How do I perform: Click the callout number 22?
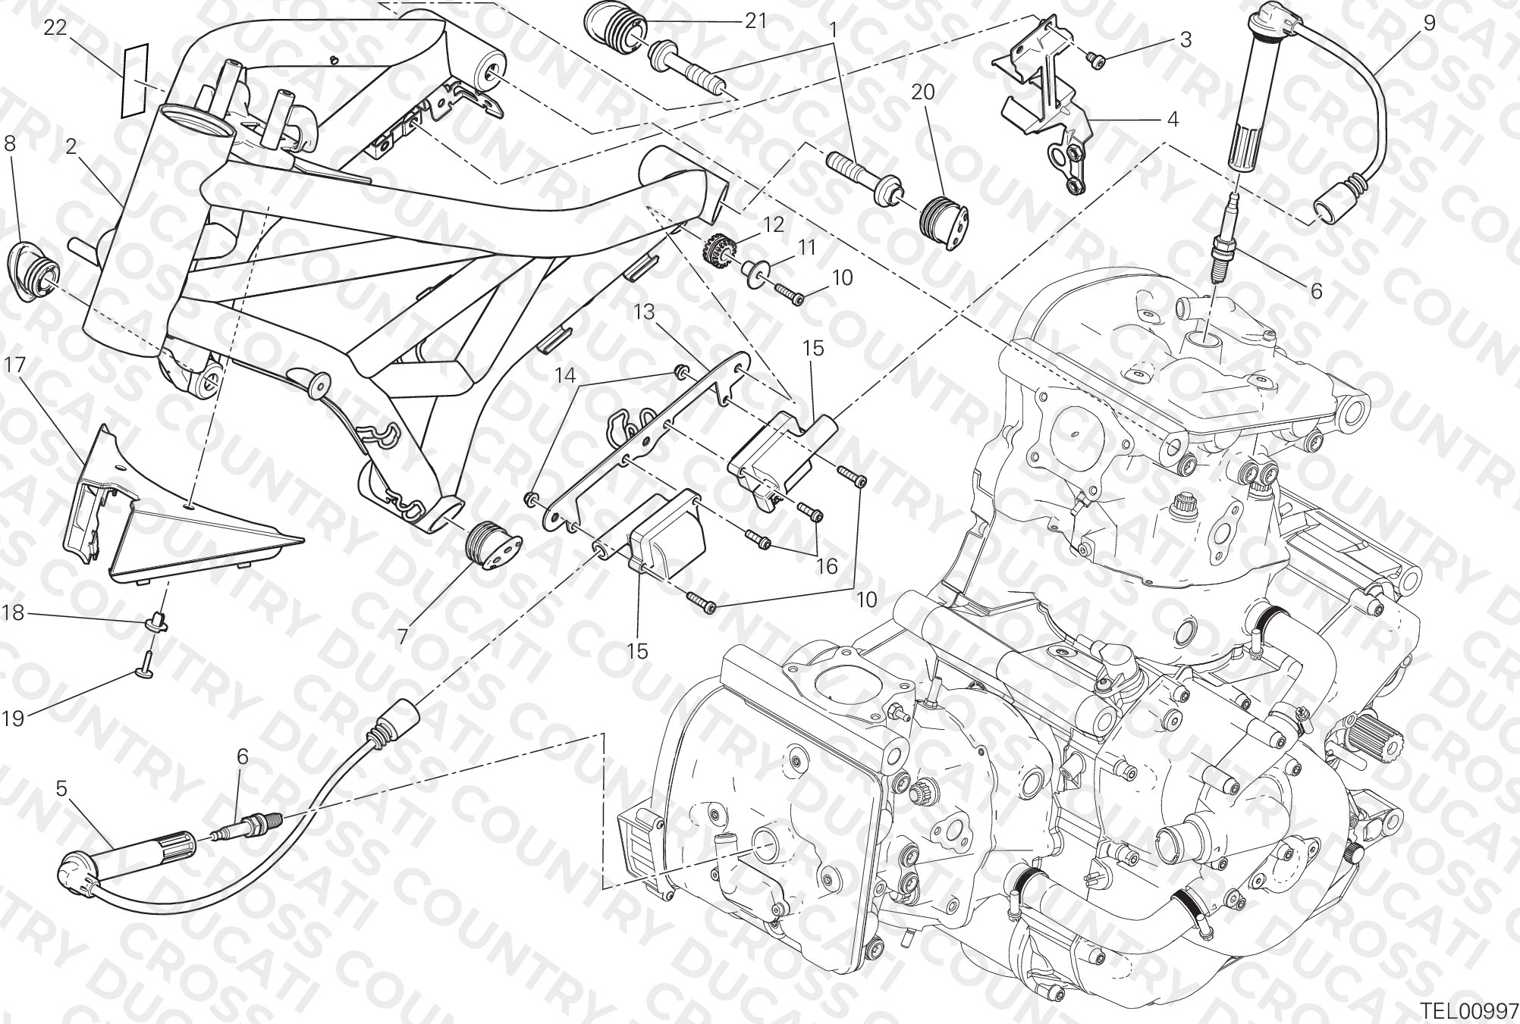click(55, 28)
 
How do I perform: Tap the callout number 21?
click(755, 20)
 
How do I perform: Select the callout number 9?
click(1428, 23)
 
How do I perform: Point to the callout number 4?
click(1172, 119)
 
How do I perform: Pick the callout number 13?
click(644, 312)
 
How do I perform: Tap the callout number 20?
click(923, 92)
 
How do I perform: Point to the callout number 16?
click(827, 565)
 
